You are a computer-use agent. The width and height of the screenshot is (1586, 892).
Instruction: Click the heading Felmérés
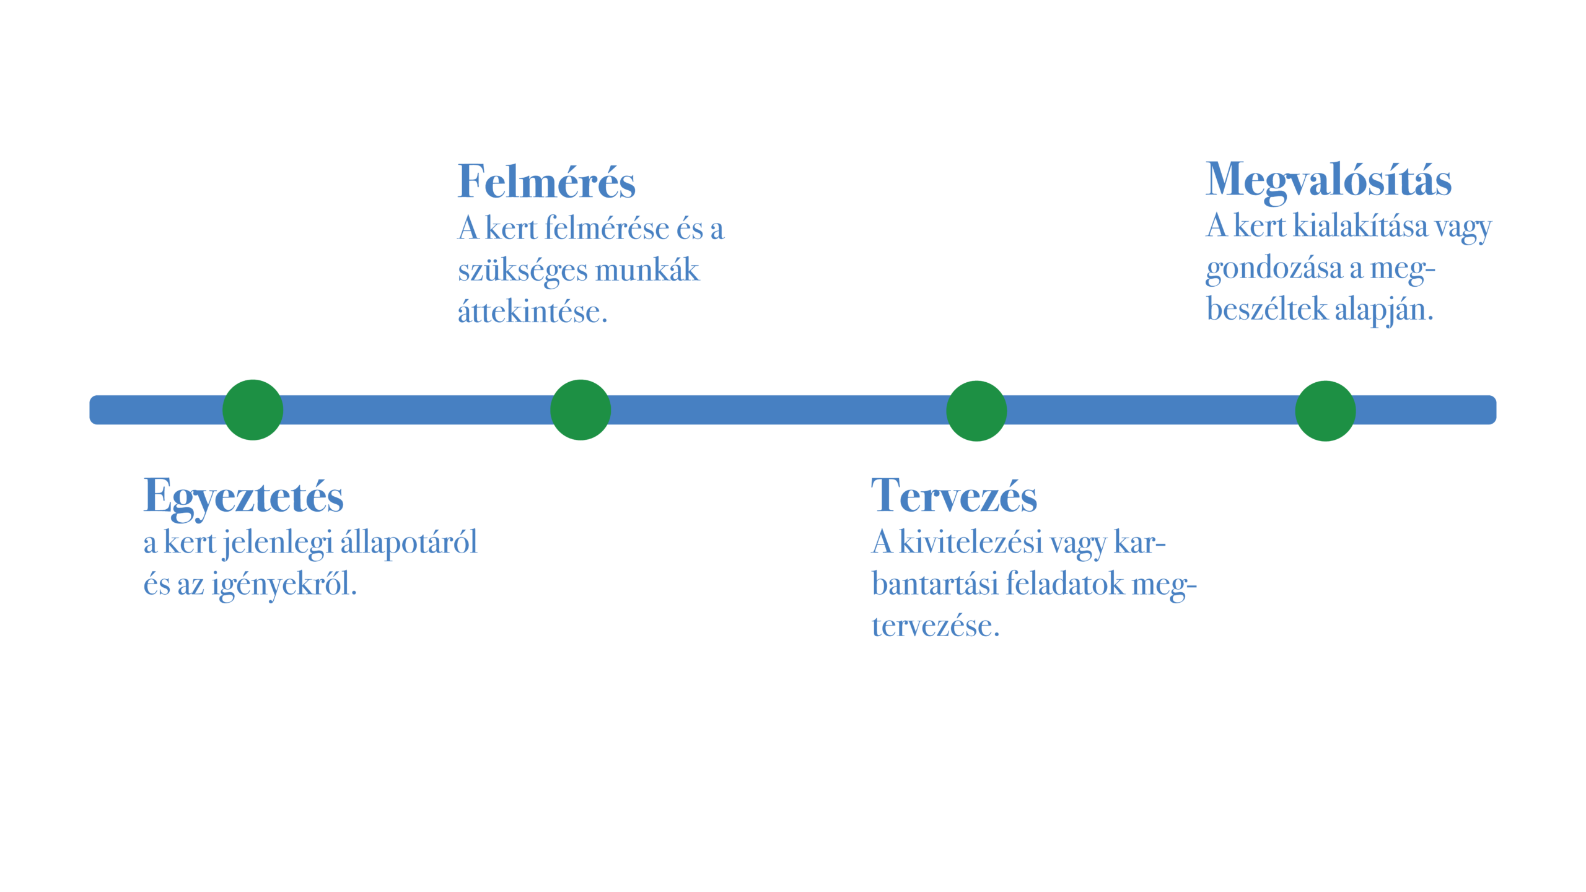tap(546, 182)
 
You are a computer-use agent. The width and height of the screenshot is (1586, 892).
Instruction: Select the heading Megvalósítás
tap(1328, 180)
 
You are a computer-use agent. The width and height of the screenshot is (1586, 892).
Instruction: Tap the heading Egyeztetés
tap(243, 496)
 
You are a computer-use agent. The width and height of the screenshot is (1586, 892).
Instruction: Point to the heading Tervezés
tap(953, 496)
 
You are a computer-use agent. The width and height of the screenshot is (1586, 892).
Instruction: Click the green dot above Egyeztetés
tap(253, 410)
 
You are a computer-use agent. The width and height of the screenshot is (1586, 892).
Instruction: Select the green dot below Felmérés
tap(581, 410)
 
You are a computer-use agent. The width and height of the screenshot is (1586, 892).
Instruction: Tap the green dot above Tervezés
tap(976, 411)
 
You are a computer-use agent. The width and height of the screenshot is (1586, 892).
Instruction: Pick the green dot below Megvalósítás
tap(1325, 411)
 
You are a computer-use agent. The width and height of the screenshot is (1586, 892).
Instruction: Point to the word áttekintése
tap(532, 312)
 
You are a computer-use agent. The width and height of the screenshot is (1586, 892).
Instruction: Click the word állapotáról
tap(409, 543)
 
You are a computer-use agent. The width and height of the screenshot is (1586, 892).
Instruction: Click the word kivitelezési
tap(971, 543)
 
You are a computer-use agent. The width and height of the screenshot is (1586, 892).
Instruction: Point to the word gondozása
tap(1274, 269)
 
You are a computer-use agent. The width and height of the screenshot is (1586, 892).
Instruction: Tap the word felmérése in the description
tap(606, 229)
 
